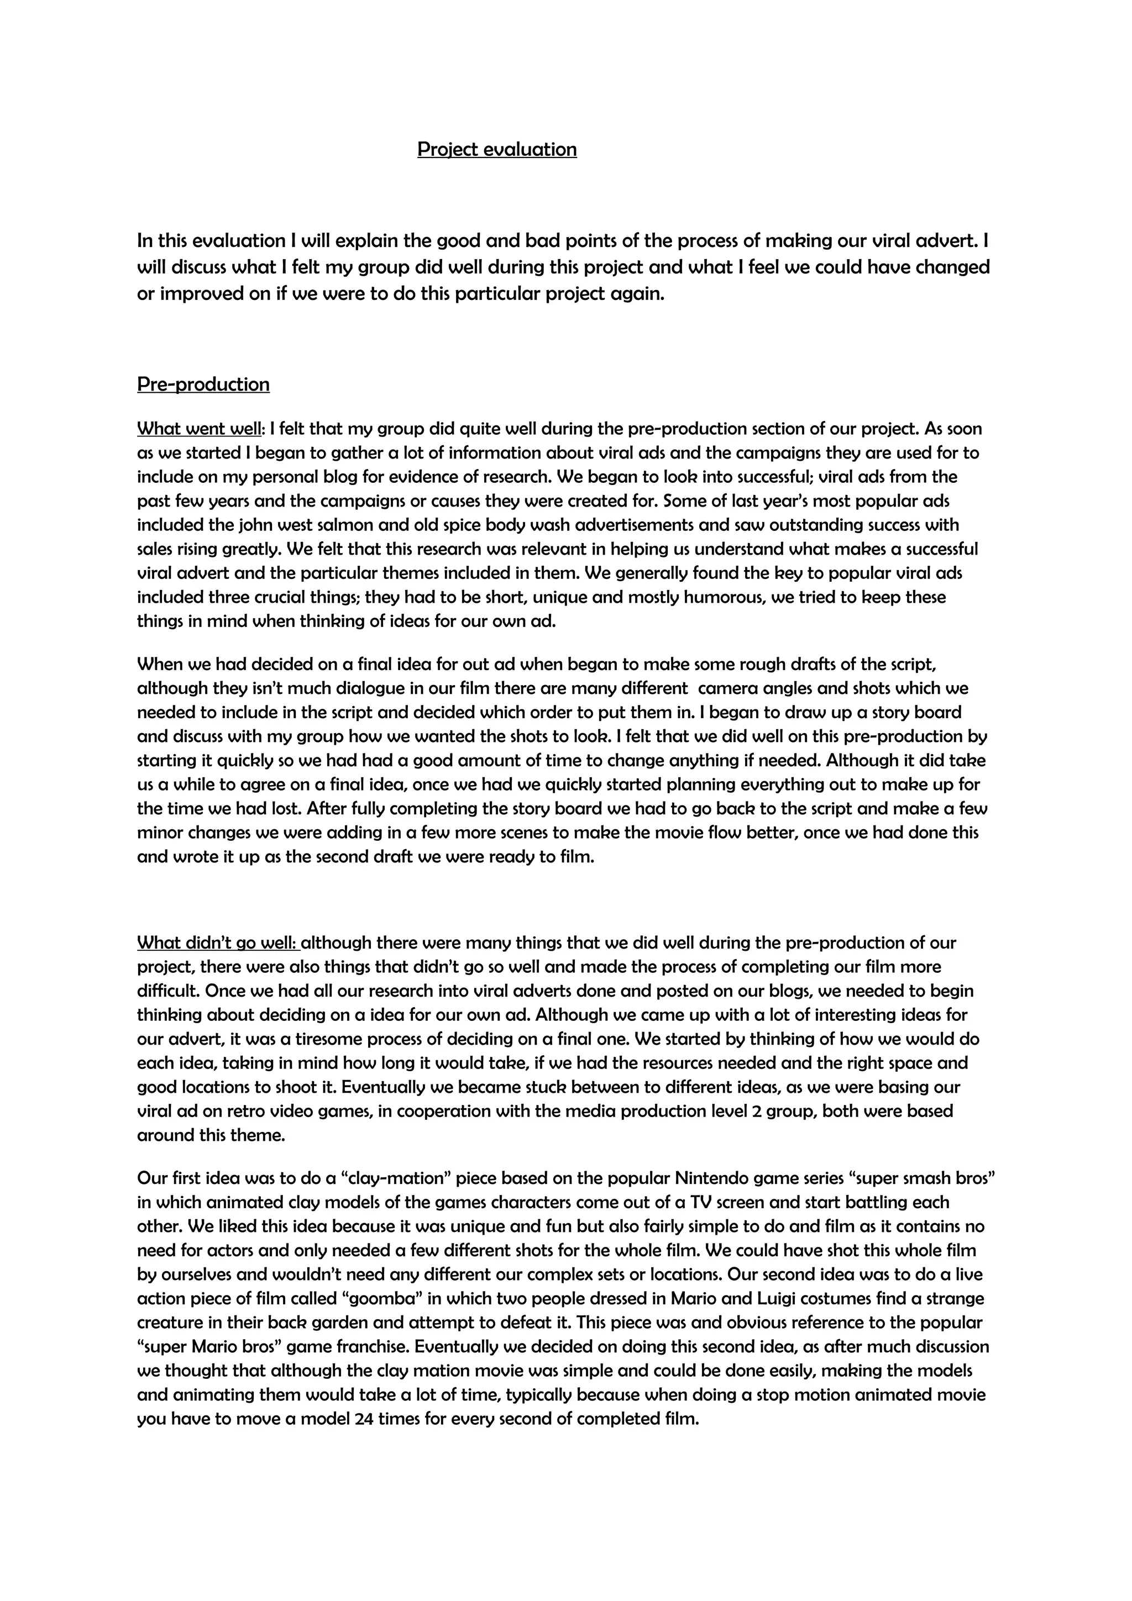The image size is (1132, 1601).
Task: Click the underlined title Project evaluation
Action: (496, 149)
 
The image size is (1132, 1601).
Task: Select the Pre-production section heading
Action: (203, 384)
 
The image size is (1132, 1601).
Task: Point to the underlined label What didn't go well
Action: (218, 942)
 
